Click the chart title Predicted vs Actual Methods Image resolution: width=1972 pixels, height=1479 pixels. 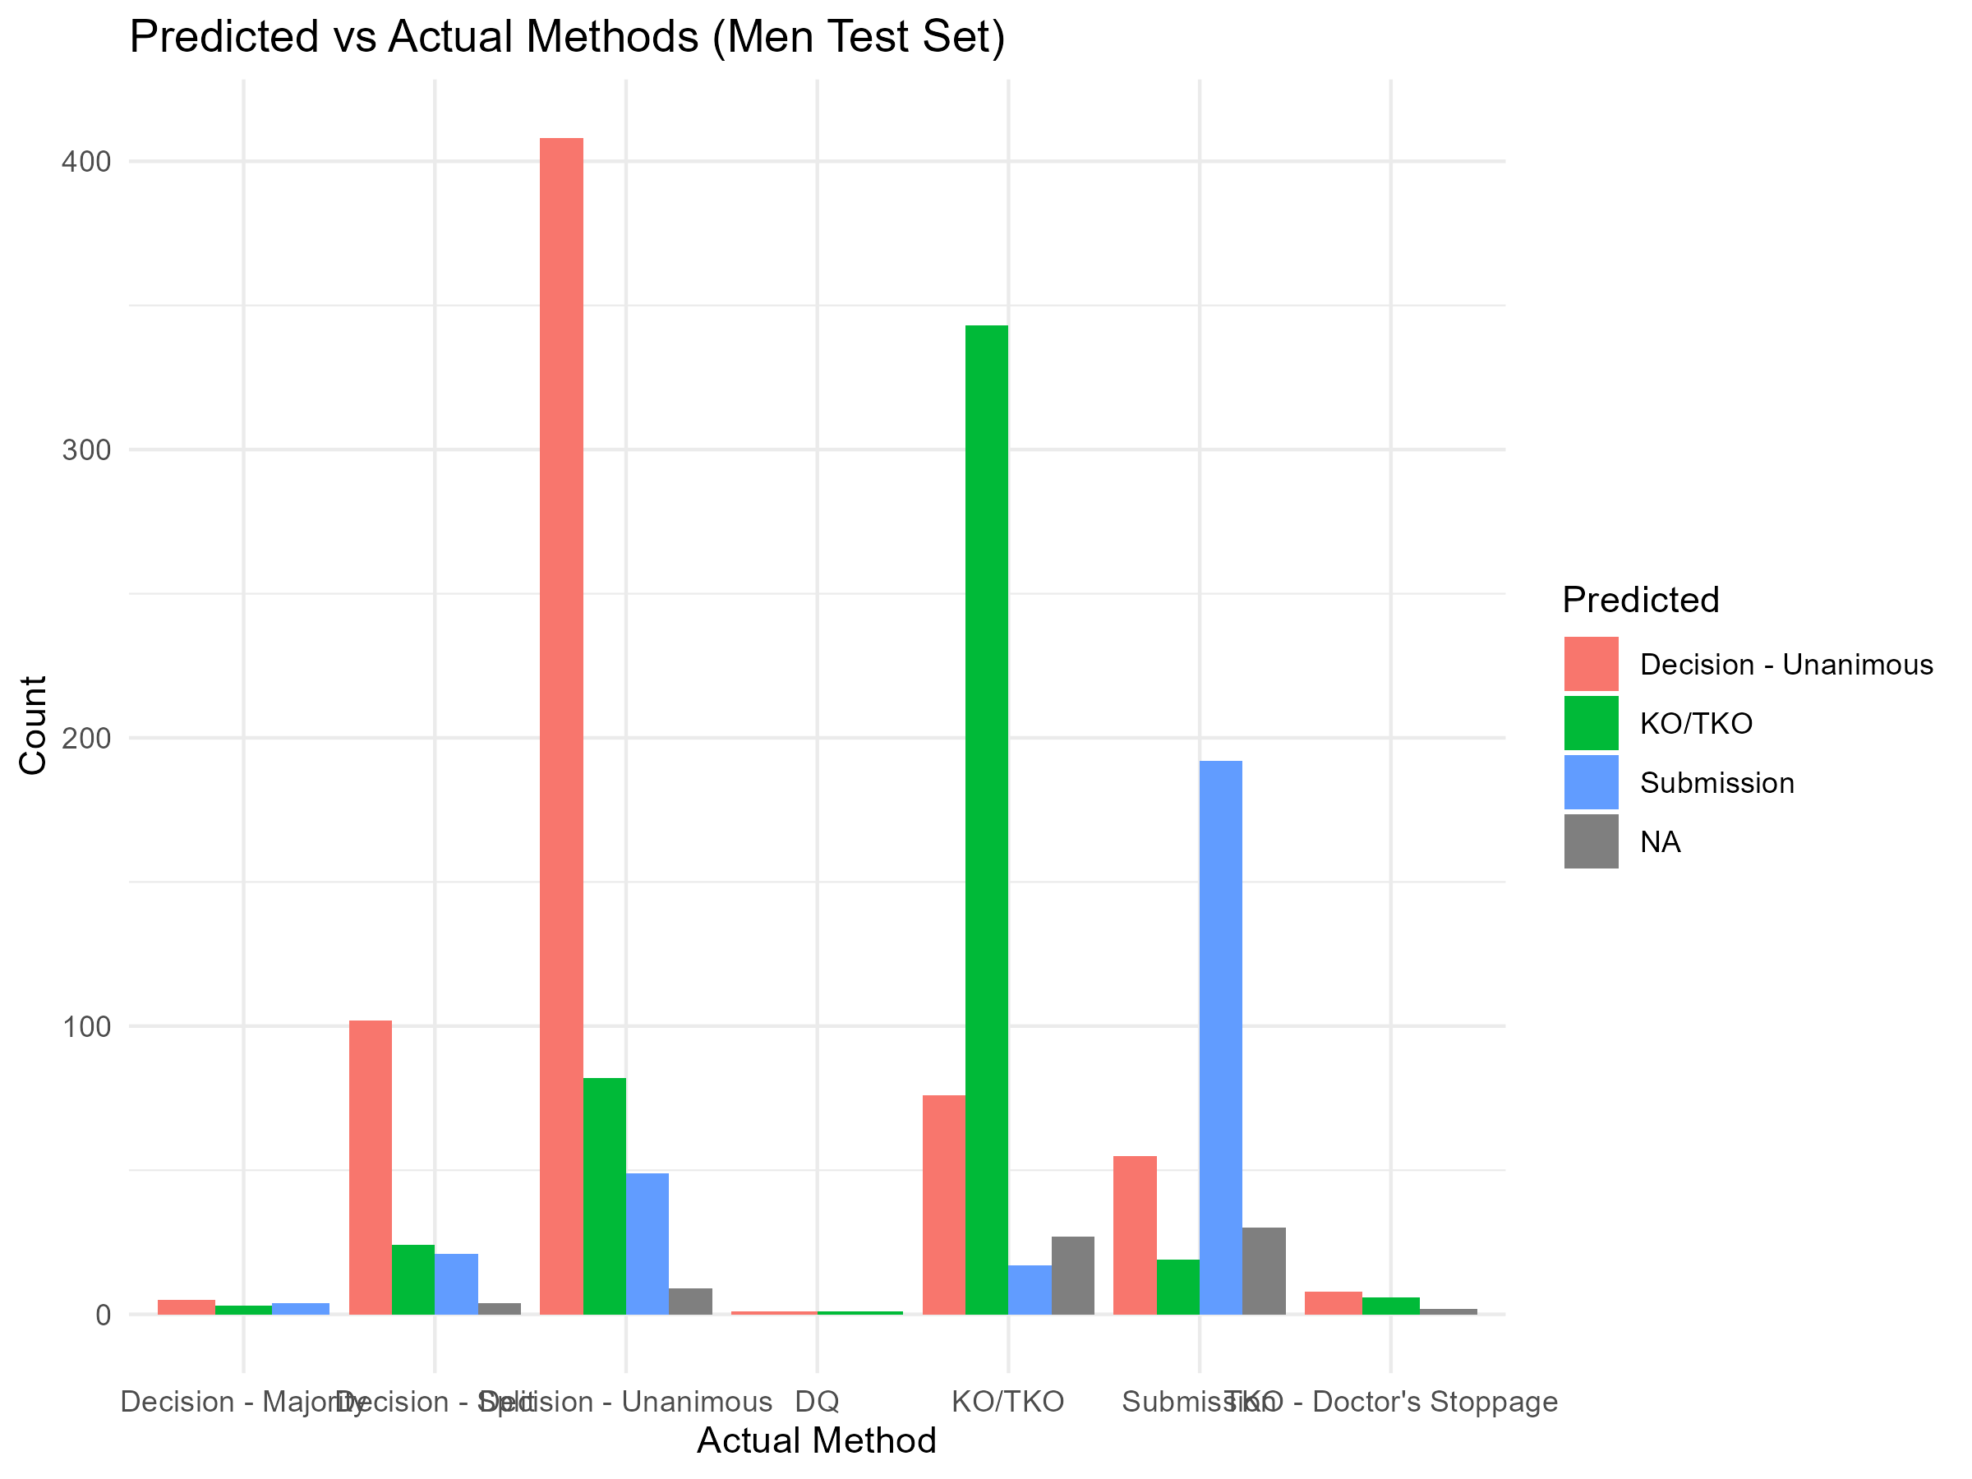point(567,38)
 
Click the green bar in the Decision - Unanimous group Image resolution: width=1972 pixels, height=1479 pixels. point(605,1195)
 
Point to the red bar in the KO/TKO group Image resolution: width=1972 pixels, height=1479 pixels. point(943,1204)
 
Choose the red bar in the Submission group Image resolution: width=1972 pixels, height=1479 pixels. point(1135,1234)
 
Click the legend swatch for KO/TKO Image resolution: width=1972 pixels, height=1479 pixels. point(1591,723)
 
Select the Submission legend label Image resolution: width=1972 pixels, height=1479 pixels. point(1716,783)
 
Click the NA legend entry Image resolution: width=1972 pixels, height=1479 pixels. point(1659,841)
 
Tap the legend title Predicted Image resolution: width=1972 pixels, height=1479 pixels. point(1640,600)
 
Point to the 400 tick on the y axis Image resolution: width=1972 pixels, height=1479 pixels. point(85,161)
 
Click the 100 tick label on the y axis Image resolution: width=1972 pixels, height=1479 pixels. point(85,1026)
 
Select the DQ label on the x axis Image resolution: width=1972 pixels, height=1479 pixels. point(817,1402)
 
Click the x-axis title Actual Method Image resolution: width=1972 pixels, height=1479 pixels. point(817,1440)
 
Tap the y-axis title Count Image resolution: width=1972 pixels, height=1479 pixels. point(34,725)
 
